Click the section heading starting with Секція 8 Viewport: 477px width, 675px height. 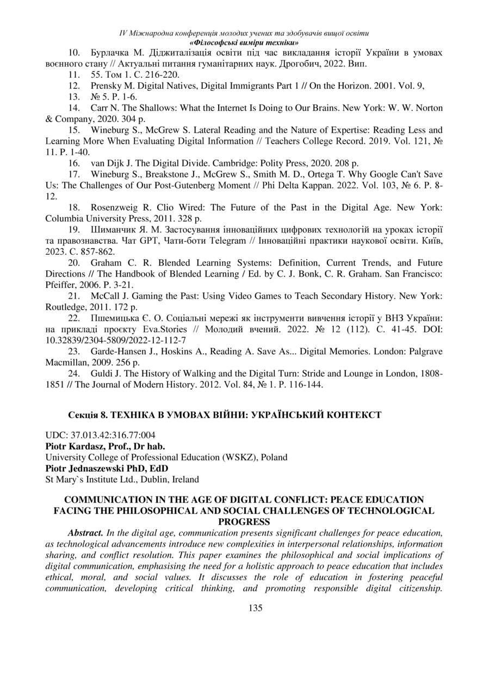[x=225, y=415]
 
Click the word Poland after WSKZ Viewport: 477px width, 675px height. [x=274, y=457]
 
